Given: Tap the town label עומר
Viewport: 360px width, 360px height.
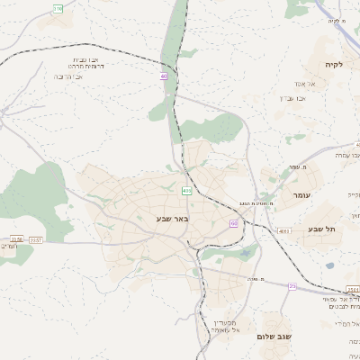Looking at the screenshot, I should point(301,194).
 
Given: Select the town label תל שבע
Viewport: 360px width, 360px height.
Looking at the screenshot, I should point(321,229).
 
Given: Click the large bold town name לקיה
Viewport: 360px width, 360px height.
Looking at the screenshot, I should point(335,65).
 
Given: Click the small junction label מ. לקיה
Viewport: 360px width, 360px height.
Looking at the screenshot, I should point(337,21).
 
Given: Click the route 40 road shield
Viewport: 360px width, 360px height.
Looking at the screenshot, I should point(164,76).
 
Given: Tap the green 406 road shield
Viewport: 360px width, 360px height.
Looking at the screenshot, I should point(186,191).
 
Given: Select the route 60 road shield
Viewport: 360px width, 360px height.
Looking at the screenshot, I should point(234,223).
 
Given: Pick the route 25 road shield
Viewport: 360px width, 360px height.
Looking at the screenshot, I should point(292,285).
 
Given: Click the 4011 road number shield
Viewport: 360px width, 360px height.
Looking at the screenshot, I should point(284,231).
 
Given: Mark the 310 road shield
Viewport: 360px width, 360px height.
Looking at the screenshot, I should point(58,8).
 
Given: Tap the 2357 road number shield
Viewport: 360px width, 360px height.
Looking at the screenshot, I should point(36,240).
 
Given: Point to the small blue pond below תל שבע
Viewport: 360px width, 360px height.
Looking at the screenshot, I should point(329,265).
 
